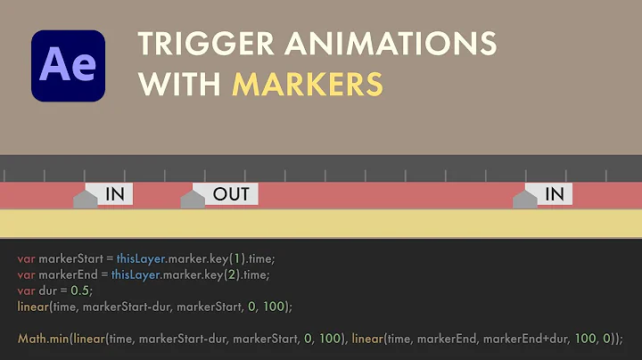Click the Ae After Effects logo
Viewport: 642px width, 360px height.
(x=68, y=66)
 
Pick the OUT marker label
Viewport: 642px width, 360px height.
(x=231, y=194)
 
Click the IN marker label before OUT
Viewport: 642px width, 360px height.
(x=115, y=194)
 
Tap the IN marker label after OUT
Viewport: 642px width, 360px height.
(x=554, y=194)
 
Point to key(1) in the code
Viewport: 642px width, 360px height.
(x=223, y=258)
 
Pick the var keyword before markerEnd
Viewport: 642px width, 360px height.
(x=25, y=274)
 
